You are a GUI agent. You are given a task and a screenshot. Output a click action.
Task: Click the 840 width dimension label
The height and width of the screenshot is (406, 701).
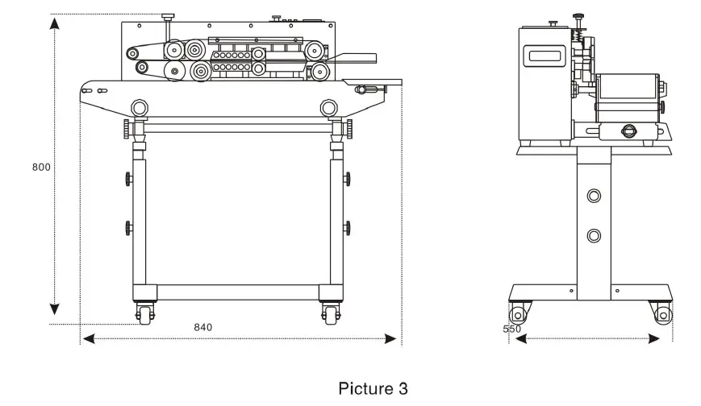tap(203, 327)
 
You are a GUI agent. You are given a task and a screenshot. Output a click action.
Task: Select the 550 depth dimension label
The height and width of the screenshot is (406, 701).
tap(511, 329)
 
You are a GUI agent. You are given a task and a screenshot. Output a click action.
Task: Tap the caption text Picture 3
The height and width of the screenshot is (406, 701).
tap(373, 388)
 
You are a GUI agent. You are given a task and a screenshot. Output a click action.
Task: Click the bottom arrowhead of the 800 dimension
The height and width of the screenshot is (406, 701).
tap(55, 310)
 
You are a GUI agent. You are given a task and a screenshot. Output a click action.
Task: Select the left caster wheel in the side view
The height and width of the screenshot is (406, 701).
tap(517, 313)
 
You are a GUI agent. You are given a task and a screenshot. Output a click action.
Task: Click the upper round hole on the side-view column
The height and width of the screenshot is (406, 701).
tap(595, 196)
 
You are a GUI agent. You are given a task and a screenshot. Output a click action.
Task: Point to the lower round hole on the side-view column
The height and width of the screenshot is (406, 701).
tap(595, 235)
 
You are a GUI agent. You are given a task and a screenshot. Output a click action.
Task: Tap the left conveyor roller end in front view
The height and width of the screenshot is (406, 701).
tap(140, 107)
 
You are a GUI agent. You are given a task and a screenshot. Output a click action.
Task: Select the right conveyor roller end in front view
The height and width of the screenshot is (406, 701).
tap(328, 107)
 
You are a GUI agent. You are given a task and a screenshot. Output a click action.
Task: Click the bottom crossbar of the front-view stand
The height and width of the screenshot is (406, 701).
tap(238, 292)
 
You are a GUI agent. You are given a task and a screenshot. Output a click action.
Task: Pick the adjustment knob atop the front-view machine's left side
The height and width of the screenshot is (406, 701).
tap(168, 17)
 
